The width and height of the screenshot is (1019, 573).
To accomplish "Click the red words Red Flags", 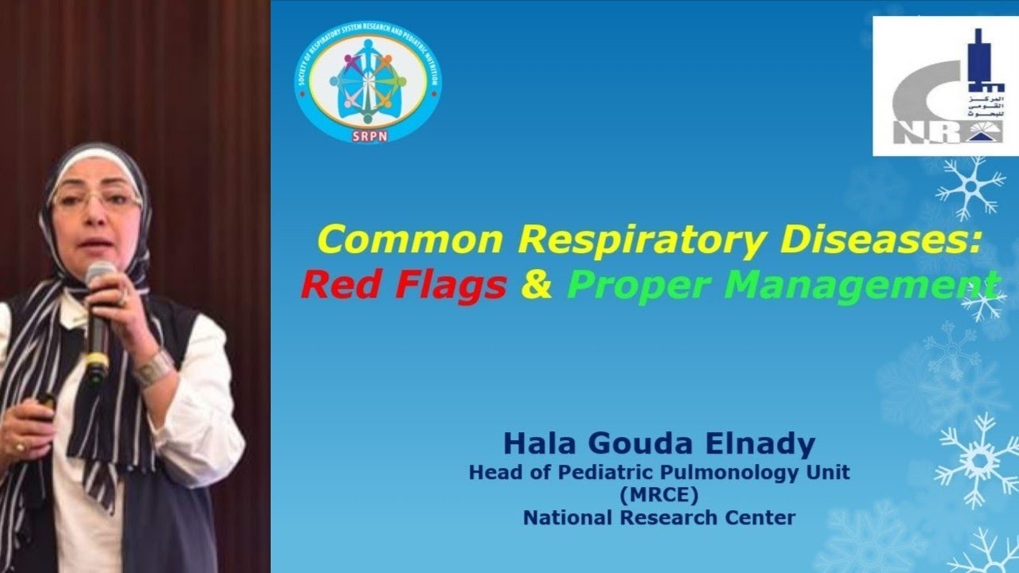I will click(404, 285).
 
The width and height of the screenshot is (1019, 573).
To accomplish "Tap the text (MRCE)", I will click(659, 495).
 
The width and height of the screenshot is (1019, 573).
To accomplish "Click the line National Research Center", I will click(659, 518).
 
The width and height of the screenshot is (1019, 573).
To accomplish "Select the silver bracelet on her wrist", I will click(153, 368).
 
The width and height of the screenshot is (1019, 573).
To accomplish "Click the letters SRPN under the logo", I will click(368, 136).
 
